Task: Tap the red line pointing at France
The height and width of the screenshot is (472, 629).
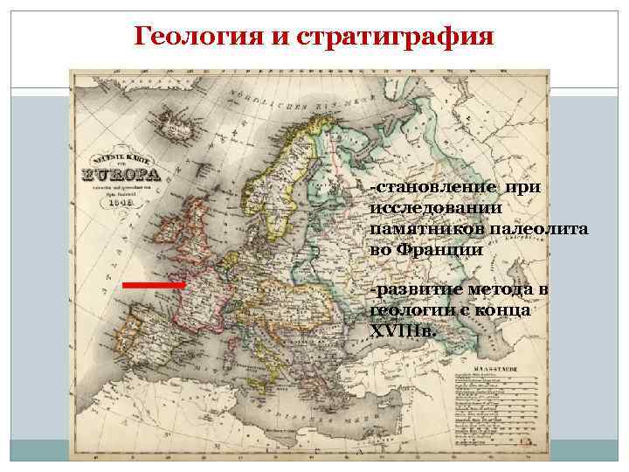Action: click(154, 285)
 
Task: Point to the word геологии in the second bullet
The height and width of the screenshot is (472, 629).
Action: click(410, 310)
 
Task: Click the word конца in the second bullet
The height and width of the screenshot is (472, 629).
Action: click(506, 310)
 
